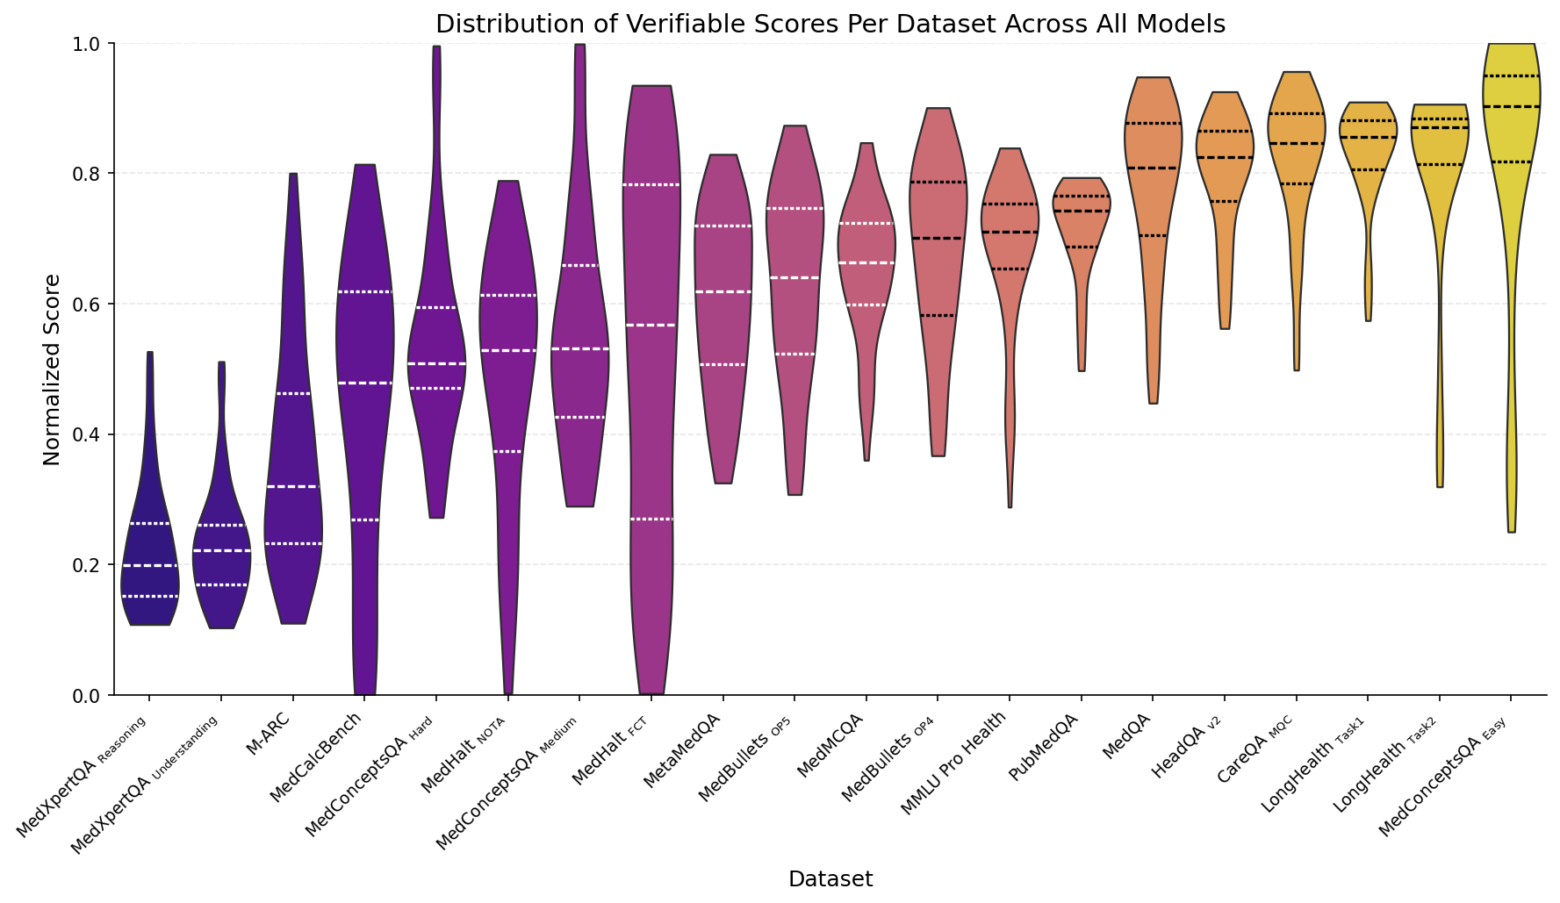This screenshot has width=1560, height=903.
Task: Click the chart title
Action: tap(830, 24)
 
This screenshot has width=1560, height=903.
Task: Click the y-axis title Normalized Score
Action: tap(52, 369)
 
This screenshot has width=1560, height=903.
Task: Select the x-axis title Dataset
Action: tap(830, 879)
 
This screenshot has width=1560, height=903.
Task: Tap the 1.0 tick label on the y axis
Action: tap(91, 44)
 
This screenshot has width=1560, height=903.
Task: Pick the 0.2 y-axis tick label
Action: tap(91, 565)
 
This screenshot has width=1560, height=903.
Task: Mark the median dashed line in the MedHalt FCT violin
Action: tap(651, 326)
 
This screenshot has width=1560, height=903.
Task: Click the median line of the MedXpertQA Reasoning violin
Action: tap(149, 566)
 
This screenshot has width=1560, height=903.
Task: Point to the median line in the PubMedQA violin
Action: tap(1082, 211)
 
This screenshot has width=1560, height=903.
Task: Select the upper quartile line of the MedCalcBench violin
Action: tap(365, 291)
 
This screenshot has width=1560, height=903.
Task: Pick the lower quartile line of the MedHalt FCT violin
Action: tap(651, 520)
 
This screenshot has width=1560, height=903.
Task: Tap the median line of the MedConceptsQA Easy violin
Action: tap(1511, 106)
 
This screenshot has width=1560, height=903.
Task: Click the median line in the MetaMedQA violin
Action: tap(722, 291)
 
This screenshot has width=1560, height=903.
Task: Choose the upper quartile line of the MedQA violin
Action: tap(1154, 124)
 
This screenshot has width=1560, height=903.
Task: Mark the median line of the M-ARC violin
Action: tap(293, 486)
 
